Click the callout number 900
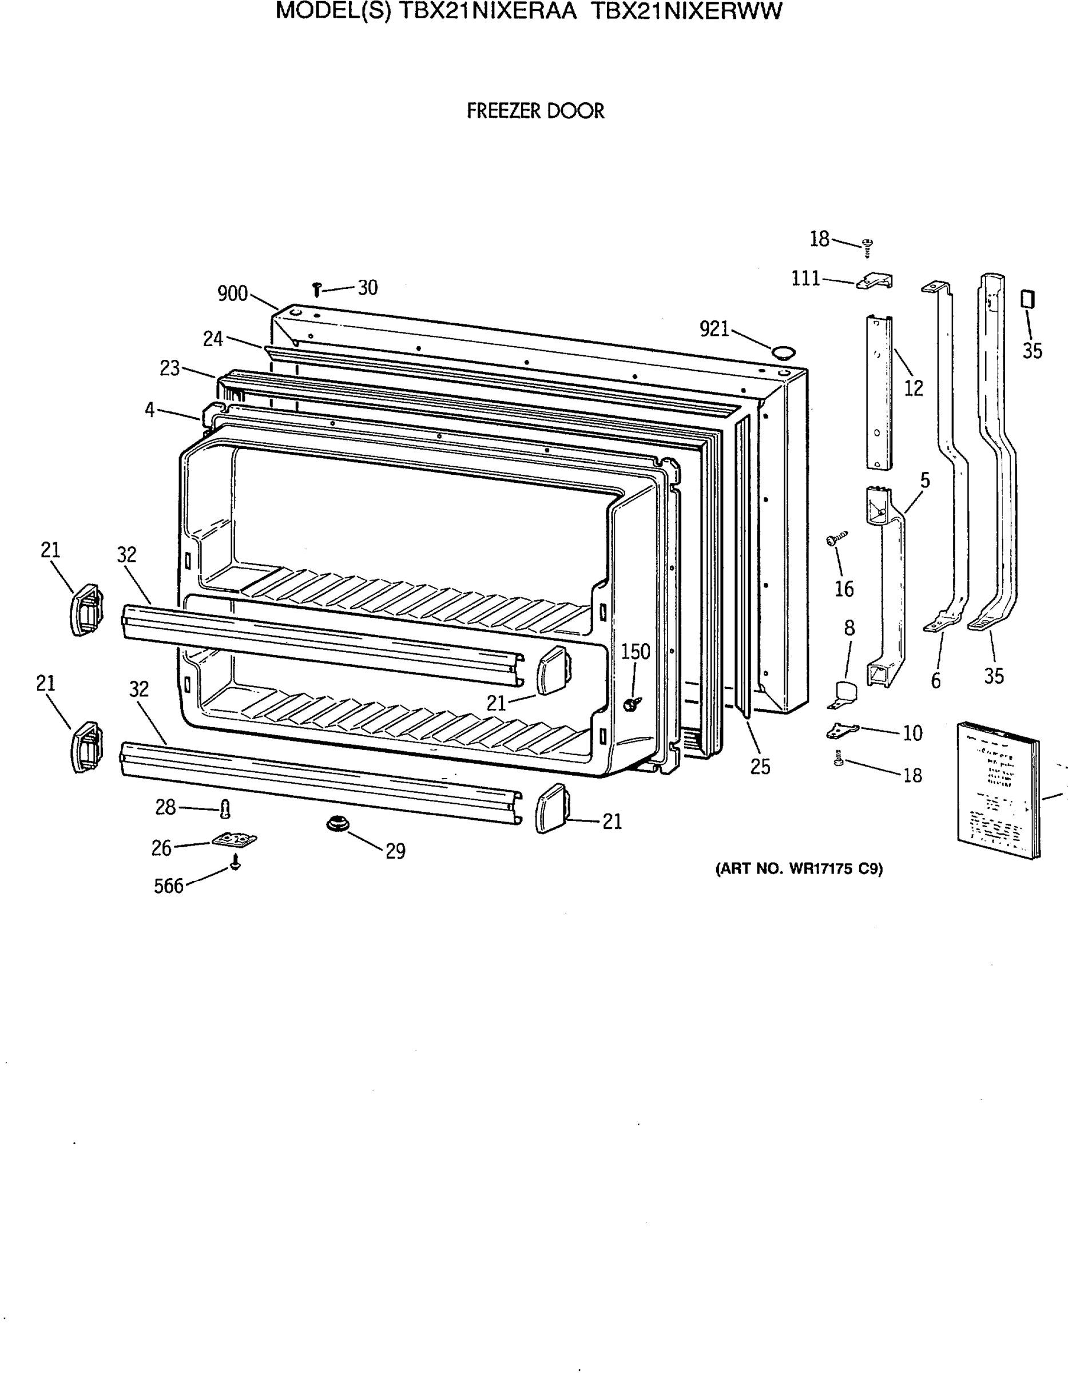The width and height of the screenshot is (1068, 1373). [232, 293]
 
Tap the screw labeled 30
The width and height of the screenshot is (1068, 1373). [317, 289]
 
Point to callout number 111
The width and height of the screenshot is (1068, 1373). [805, 278]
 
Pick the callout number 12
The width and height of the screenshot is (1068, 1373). [914, 388]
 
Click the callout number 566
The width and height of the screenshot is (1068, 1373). [169, 886]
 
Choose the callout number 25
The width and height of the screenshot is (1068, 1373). [760, 767]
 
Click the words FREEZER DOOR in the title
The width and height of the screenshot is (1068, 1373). [535, 112]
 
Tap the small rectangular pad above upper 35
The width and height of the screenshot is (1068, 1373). [1027, 299]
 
